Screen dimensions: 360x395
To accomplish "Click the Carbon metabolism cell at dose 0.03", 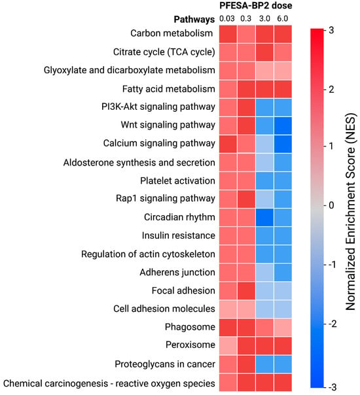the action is click(228, 34).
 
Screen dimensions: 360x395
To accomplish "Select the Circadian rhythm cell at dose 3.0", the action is click(264, 217).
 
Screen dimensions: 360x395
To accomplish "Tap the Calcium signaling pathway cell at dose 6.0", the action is click(283, 144).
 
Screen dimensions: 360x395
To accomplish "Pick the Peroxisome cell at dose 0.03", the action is click(228, 346).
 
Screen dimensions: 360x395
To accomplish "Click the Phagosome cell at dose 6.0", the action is click(283, 328).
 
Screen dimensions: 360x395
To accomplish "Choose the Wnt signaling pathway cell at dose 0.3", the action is click(246, 126).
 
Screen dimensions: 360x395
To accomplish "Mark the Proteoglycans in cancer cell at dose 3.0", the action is click(264, 364).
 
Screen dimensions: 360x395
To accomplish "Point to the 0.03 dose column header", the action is click(227, 19).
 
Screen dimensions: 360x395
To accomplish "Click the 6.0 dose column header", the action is click(282, 19).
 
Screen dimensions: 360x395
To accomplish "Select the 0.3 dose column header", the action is click(246, 19).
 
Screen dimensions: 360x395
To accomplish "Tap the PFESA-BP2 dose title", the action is click(256, 5).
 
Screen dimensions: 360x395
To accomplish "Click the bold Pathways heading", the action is click(194, 20).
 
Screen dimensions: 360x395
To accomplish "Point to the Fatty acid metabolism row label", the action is click(169, 89).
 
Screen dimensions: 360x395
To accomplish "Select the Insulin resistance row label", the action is click(179, 235).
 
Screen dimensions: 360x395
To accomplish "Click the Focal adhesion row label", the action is click(183, 291).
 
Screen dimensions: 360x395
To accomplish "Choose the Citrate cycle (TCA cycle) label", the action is click(164, 52).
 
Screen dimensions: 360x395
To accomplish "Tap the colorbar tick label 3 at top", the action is click(331, 30).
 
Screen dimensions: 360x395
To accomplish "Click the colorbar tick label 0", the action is click(331, 205).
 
